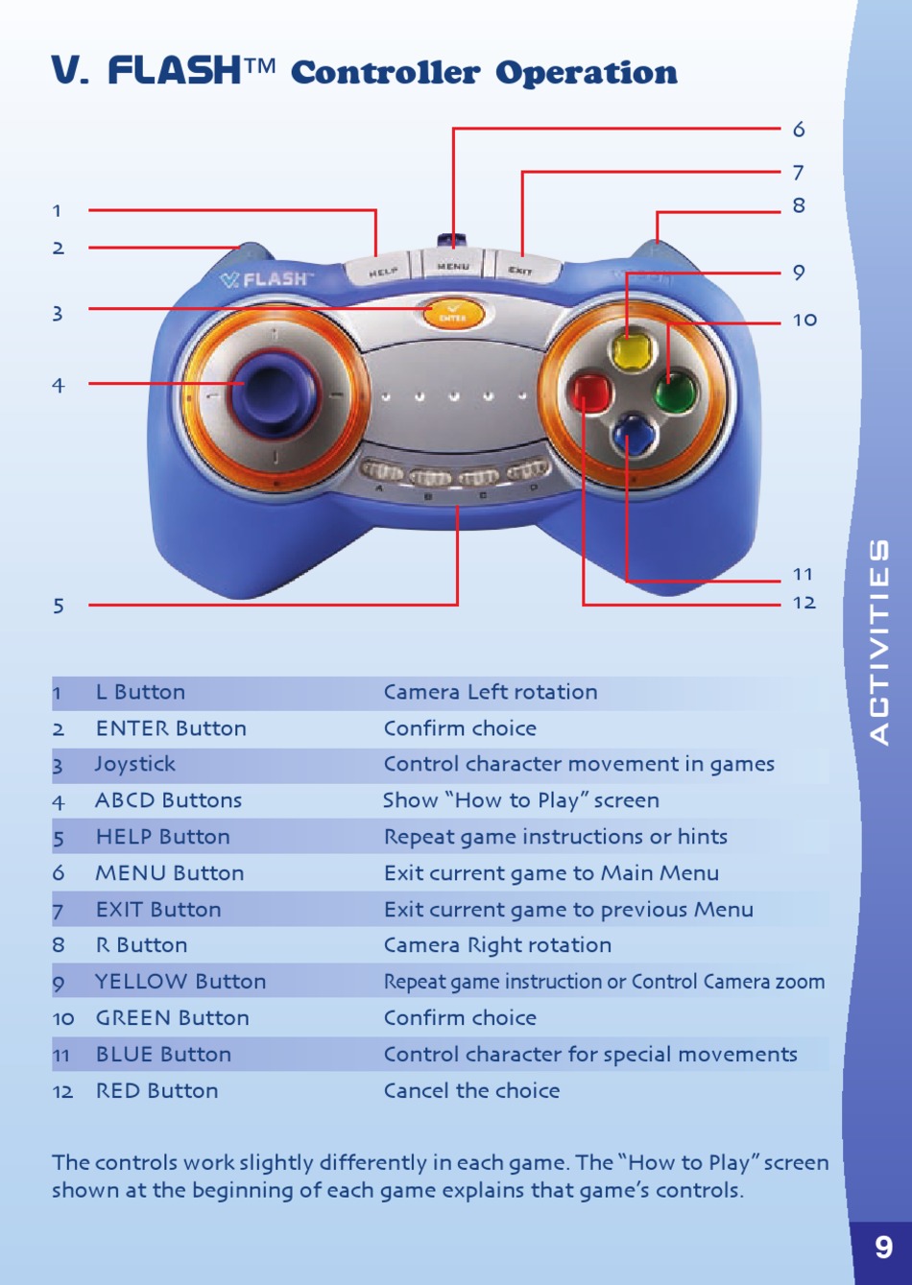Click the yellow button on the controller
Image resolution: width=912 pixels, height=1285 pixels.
[631, 350]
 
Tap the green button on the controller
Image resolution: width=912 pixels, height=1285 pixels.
[675, 393]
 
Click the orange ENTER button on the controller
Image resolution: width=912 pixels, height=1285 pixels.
[452, 313]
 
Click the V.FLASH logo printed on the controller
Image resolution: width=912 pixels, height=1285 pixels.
[266, 279]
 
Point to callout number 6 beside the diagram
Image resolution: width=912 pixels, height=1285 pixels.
[799, 130]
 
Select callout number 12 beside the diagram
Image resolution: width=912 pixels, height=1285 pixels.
[804, 603]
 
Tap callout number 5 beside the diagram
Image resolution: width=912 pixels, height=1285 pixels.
[59, 606]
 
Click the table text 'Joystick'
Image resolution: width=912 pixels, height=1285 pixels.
[135, 764]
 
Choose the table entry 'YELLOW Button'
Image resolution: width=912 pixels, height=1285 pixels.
[180, 982]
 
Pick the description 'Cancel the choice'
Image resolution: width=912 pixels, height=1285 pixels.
[471, 1090]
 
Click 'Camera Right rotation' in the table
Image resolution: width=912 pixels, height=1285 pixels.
[497, 945]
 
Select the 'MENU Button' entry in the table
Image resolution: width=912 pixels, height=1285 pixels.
[170, 873]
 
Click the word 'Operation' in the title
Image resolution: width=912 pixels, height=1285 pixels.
[586, 73]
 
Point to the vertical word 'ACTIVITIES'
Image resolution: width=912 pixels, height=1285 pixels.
[879, 641]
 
